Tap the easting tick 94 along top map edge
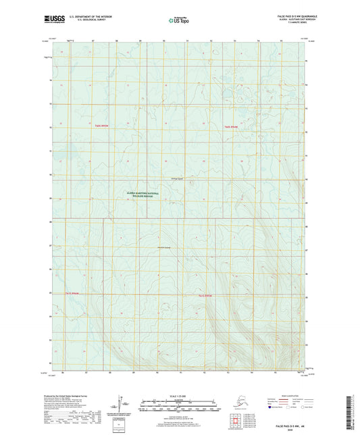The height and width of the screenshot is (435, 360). [x=259, y=41]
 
